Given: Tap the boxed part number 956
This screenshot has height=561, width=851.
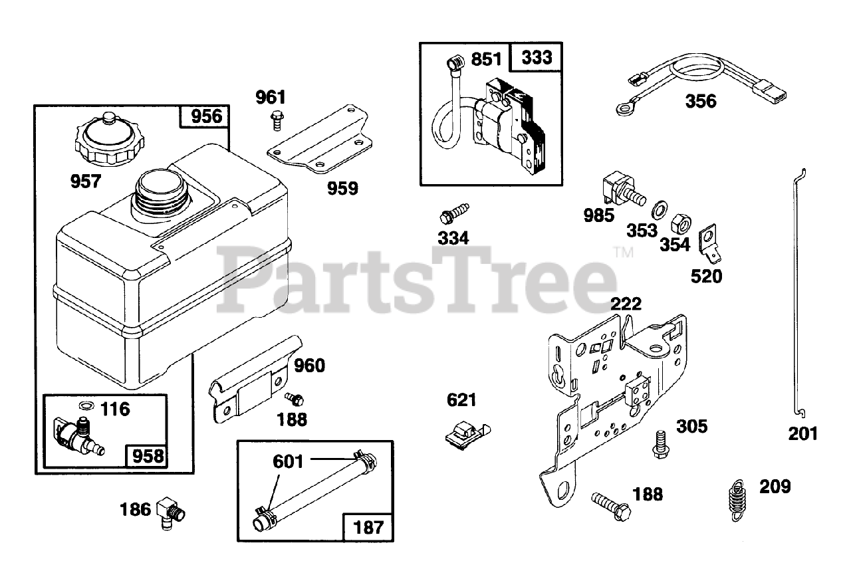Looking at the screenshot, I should (205, 117).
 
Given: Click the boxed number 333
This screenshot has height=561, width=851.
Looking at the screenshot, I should (536, 58).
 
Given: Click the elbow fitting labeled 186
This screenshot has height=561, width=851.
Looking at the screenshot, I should (171, 512).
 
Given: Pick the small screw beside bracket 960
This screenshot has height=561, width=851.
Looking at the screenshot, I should (294, 398).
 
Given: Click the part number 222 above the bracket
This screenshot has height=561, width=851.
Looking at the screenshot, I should (626, 304).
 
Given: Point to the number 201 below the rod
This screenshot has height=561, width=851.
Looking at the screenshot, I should (802, 433).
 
